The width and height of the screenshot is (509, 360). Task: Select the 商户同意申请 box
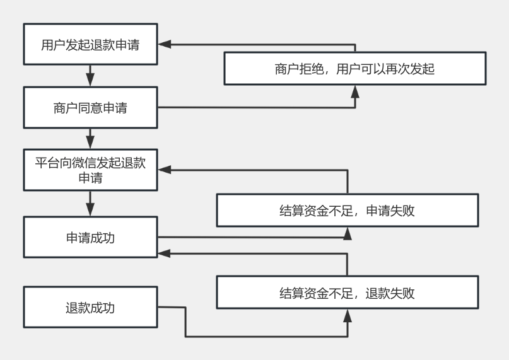(90, 108)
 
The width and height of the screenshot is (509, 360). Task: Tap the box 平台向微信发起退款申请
(90, 170)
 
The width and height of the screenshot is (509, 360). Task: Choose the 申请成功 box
(90, 237)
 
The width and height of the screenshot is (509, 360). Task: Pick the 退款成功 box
(90, 308)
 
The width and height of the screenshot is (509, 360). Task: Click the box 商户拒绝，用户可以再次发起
(355, 69)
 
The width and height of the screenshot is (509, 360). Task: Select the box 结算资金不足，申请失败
(347, 211)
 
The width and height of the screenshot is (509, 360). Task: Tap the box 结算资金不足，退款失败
(347, 293)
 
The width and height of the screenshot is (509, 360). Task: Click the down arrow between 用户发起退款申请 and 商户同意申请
(90, 79)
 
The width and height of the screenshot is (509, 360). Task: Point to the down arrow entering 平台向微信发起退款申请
(90, 141)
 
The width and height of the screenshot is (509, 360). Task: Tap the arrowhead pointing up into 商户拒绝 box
(355, 92)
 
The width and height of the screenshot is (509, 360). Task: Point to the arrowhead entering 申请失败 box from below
(348, 234)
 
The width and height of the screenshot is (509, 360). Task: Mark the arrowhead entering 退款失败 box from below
(348, 316)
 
